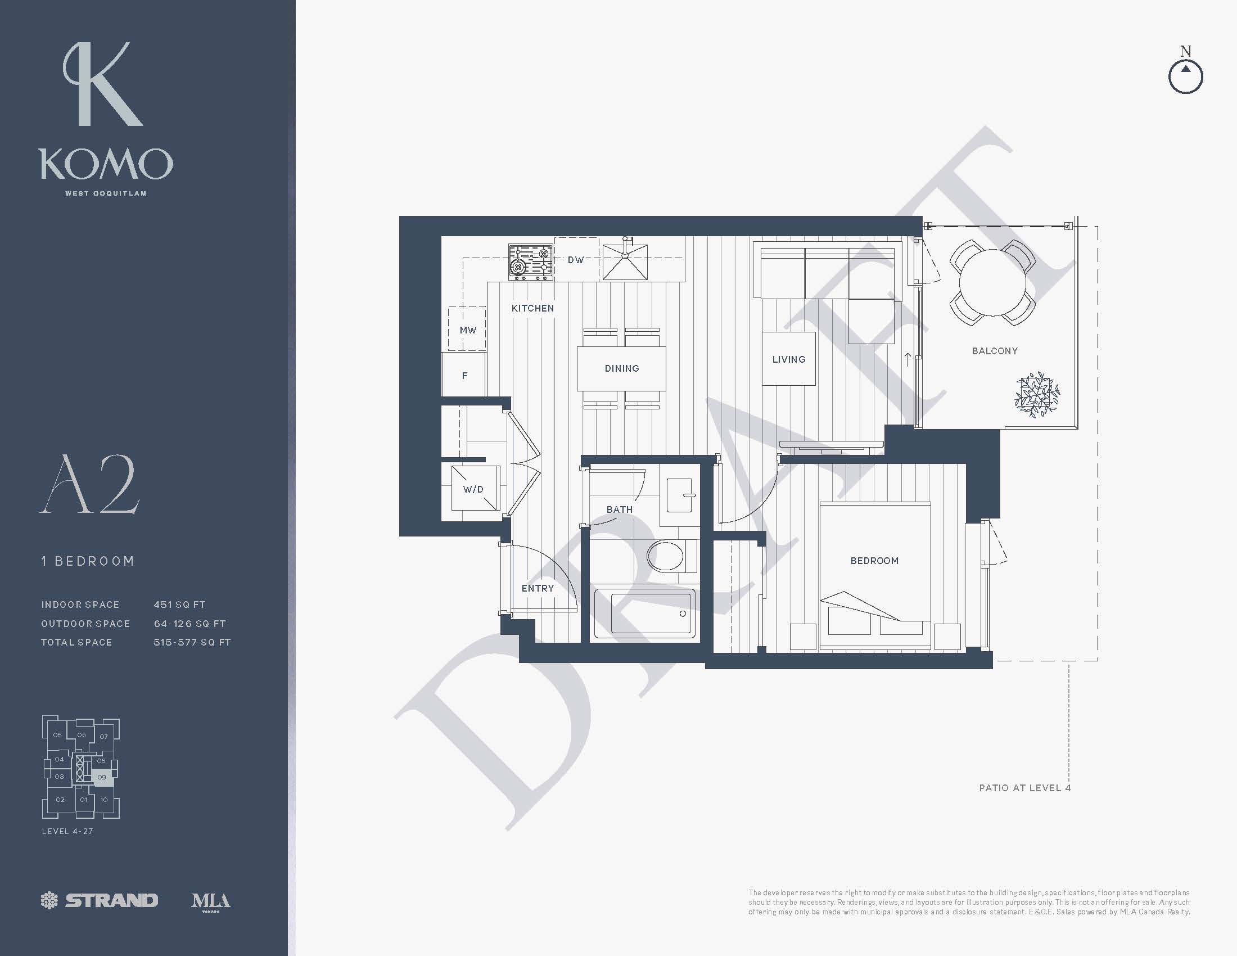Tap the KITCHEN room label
point(532,308)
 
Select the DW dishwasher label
point(576,260)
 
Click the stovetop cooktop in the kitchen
point(531,261)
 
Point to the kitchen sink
point(625,260)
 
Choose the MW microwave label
point(468,330)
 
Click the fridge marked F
point(464,375)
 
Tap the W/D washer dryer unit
point(475,488)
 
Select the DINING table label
point(622,369)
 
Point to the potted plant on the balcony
point(1037,395)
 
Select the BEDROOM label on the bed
point(874,561)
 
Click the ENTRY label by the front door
point(538,588)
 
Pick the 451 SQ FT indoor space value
point(179,605)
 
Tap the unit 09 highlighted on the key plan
point(102,777)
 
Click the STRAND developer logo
point(100,900)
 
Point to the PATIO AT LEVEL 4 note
point(1024,788)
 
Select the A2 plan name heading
point(89,484)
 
